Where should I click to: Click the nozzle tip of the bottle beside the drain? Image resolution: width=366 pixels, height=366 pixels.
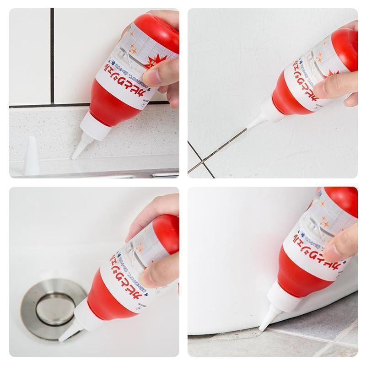[61, 339]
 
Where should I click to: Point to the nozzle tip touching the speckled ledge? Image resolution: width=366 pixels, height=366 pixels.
[74, 157]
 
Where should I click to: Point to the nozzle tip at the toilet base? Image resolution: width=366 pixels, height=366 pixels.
[261, 328]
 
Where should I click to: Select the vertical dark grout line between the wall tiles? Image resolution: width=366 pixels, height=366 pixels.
[53, 55]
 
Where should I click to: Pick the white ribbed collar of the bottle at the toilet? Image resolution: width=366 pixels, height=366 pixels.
[279, 300]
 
